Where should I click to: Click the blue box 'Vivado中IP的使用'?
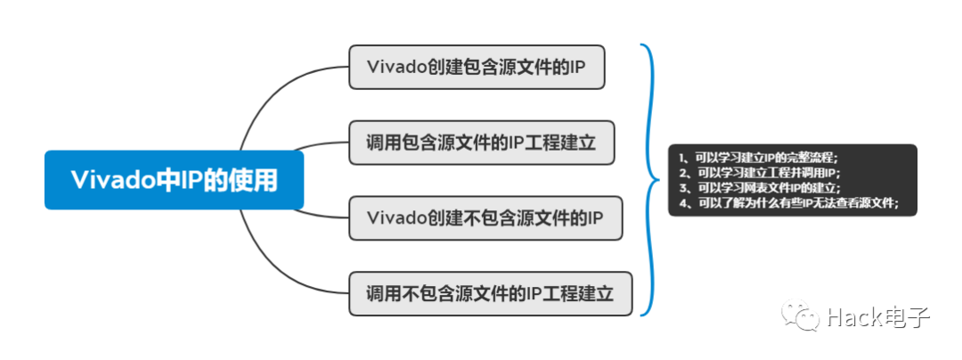pos(175,180)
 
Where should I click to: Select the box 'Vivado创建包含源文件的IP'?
pos(477,68)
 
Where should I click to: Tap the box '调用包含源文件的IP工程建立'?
pos(481,143)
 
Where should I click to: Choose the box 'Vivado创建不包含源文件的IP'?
pos(485,217)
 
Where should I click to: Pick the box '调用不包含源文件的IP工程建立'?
pos(490,293)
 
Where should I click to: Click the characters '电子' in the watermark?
pos(909,315)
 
